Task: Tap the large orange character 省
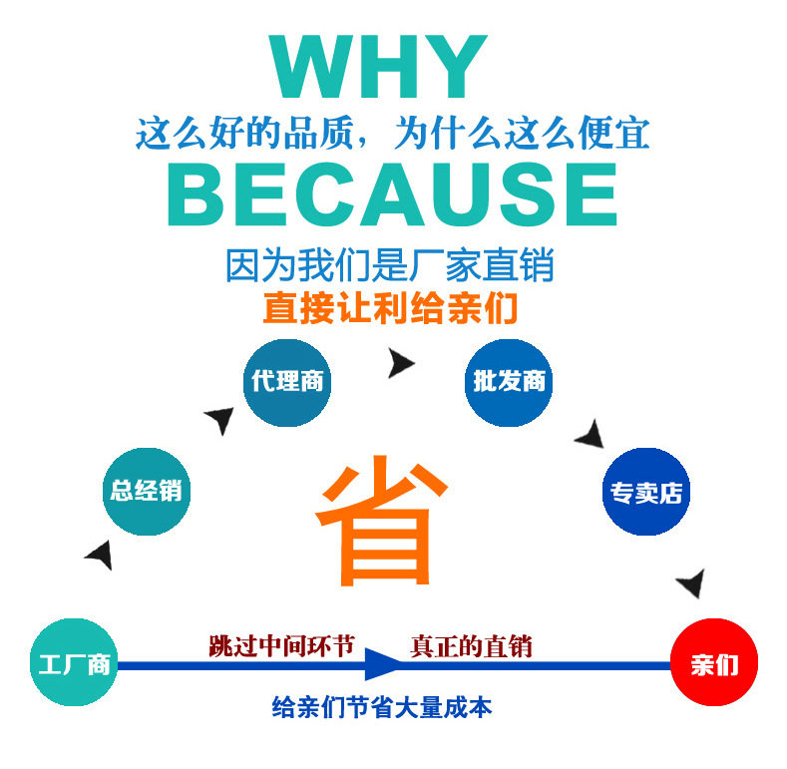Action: pyautogui.click(x=378, y=525)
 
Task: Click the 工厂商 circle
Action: pyautogui.click(x=74, y=663)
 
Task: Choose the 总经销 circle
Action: pyautogui.click(x=147, y=491)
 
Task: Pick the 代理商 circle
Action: pyautogui.click(x=287, y=382)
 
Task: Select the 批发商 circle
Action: pyautogui.click(x=508, y=382)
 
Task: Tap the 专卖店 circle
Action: pyautogui.click(x=646, y=491)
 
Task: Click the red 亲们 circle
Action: pyautogui.click(x=713, y=663)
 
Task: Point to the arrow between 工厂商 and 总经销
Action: pyautogui.click(x=100, y=555)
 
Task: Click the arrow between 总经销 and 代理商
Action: pyautogui.click(x=219, y=419)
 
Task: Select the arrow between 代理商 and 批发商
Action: pyautogui.click(x=400, y=364)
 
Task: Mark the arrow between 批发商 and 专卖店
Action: pyautogui.click(x=590, y=434)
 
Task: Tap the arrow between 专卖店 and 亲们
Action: pyautogui.click(x=691, y=582)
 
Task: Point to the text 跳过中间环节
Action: pyautogui.click(x=281, y=645)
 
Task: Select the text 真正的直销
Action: pyautogui.click(x=471, y=645)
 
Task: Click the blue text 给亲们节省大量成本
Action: pyautogui.click(x=382, y=708)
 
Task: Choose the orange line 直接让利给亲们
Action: pyautogui.click(x=390, y=308)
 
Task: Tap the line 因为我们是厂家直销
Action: pyautogui.click(x=390, y=266)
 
